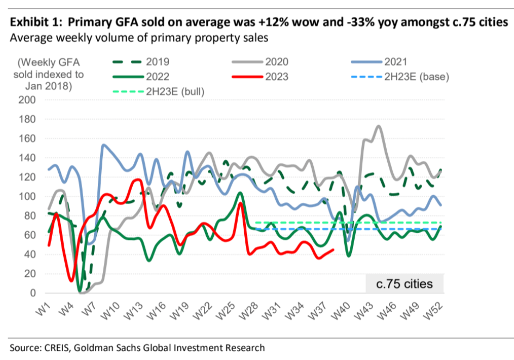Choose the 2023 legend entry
pyautogui.click(x=278, y=77)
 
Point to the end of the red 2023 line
pyautogui.click(x=333, y=250)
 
